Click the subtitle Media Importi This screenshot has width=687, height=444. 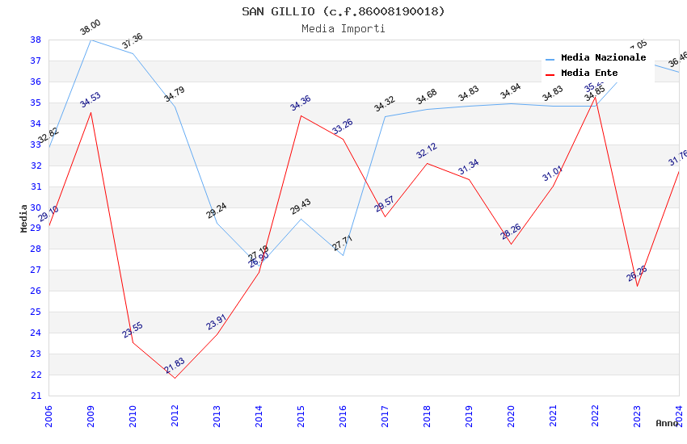tap(343, 28)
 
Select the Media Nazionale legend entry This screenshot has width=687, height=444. tap(603, 58)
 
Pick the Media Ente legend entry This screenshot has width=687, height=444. tap(588, 73)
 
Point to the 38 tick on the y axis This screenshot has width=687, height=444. tap(36, 40)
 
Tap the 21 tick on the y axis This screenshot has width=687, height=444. tap(36, 396)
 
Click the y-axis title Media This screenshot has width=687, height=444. tap(24, 218)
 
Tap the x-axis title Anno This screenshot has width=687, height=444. tap(667, 423)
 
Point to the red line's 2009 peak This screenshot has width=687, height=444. tap(91, 112)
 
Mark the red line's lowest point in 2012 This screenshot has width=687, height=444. tap(175, 378)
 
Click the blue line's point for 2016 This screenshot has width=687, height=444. tap(343, 255)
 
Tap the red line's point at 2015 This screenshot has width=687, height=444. tap(301, 115)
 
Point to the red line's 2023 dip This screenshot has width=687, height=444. tap(637, 286)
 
